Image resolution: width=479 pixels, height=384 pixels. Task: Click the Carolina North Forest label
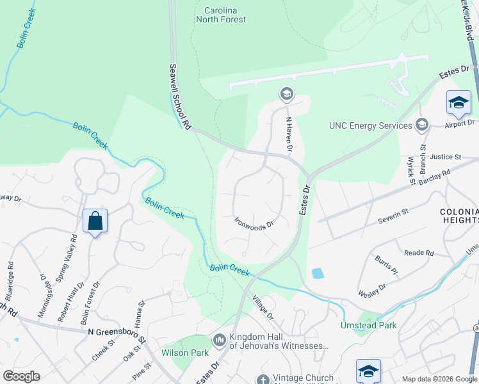coord(220,15)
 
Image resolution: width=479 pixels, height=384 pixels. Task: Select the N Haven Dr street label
coord(289,135)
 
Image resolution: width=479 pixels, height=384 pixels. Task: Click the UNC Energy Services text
coord(369,125)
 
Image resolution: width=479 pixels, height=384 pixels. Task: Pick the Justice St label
coord(446,157)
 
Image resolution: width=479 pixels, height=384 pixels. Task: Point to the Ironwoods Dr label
coord(254,223)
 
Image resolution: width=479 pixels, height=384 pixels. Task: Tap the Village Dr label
coord(263,308)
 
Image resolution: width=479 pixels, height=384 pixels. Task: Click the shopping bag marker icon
coord(95,221)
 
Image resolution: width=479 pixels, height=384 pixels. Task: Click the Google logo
coord(21,376)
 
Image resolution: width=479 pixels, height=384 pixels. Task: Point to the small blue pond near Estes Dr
coord(318,273)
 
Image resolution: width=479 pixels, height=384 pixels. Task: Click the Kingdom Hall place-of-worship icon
coord(220,339)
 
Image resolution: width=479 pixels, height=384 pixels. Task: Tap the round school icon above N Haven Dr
coord(286,95)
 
